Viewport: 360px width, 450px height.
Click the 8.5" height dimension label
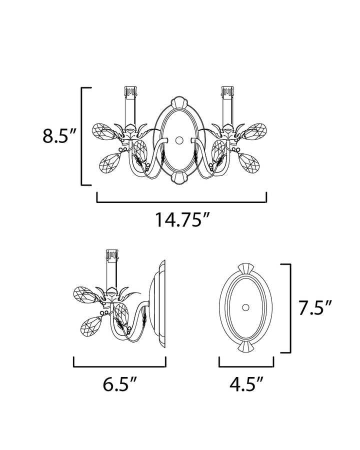click(x=59, y=136)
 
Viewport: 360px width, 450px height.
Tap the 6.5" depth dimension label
click(x=119, y=384)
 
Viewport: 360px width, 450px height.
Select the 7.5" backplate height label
click(x=315, y=308)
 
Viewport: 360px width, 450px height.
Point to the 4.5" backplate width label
click(x=246, y=384)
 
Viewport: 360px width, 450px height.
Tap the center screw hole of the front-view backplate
click(x=179, y=140)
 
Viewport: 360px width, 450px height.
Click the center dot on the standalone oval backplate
click(x=245, y=307)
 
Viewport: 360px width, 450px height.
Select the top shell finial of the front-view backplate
click(x=179, y=102)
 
